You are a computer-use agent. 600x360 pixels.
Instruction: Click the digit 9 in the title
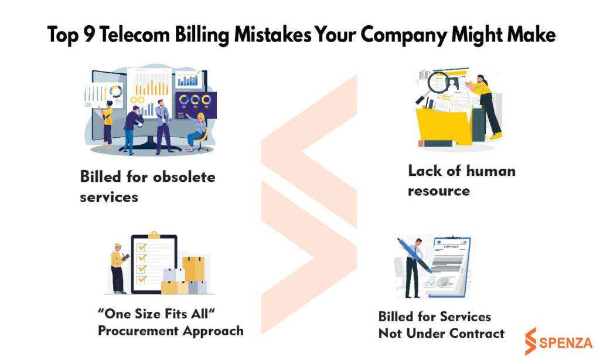[x=89, y=34]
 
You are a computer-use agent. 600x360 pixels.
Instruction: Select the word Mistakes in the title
[x=272, y=34]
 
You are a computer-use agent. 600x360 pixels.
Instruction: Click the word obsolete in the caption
[x=184, y=177]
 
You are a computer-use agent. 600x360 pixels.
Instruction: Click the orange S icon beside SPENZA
[x=530, y=341]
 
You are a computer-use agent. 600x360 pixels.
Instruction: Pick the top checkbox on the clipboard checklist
[x=142, y=247]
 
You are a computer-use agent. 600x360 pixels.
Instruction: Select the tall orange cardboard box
[x=193, y=269]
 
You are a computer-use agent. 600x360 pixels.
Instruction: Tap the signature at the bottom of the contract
[x=439, y=283]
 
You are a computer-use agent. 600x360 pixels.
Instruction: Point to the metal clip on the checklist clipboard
[x=154, y=235]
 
